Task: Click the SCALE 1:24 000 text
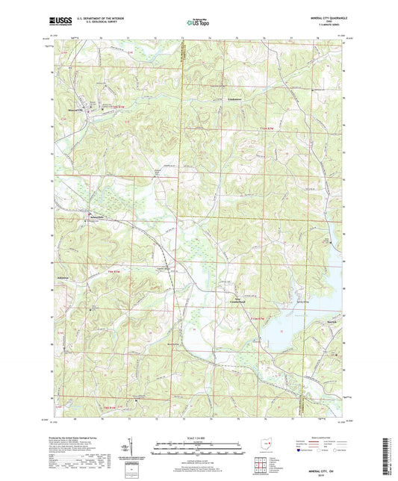tap(199, 438)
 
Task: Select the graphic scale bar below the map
tap(199, 449)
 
